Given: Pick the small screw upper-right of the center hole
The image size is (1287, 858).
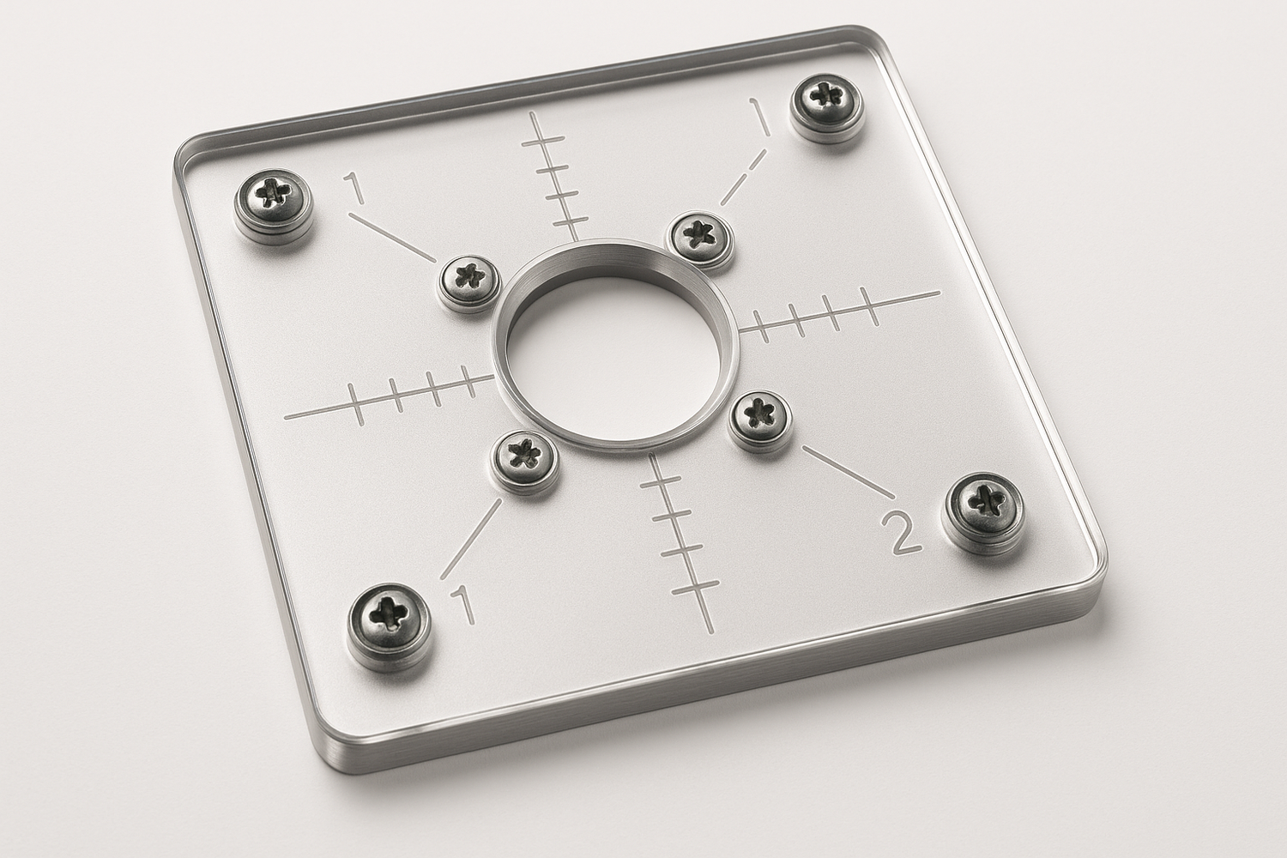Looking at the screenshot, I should point(699,233).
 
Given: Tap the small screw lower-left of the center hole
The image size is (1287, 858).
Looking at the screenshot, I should point(523,455).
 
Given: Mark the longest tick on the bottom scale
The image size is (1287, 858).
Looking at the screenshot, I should point(694,589).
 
